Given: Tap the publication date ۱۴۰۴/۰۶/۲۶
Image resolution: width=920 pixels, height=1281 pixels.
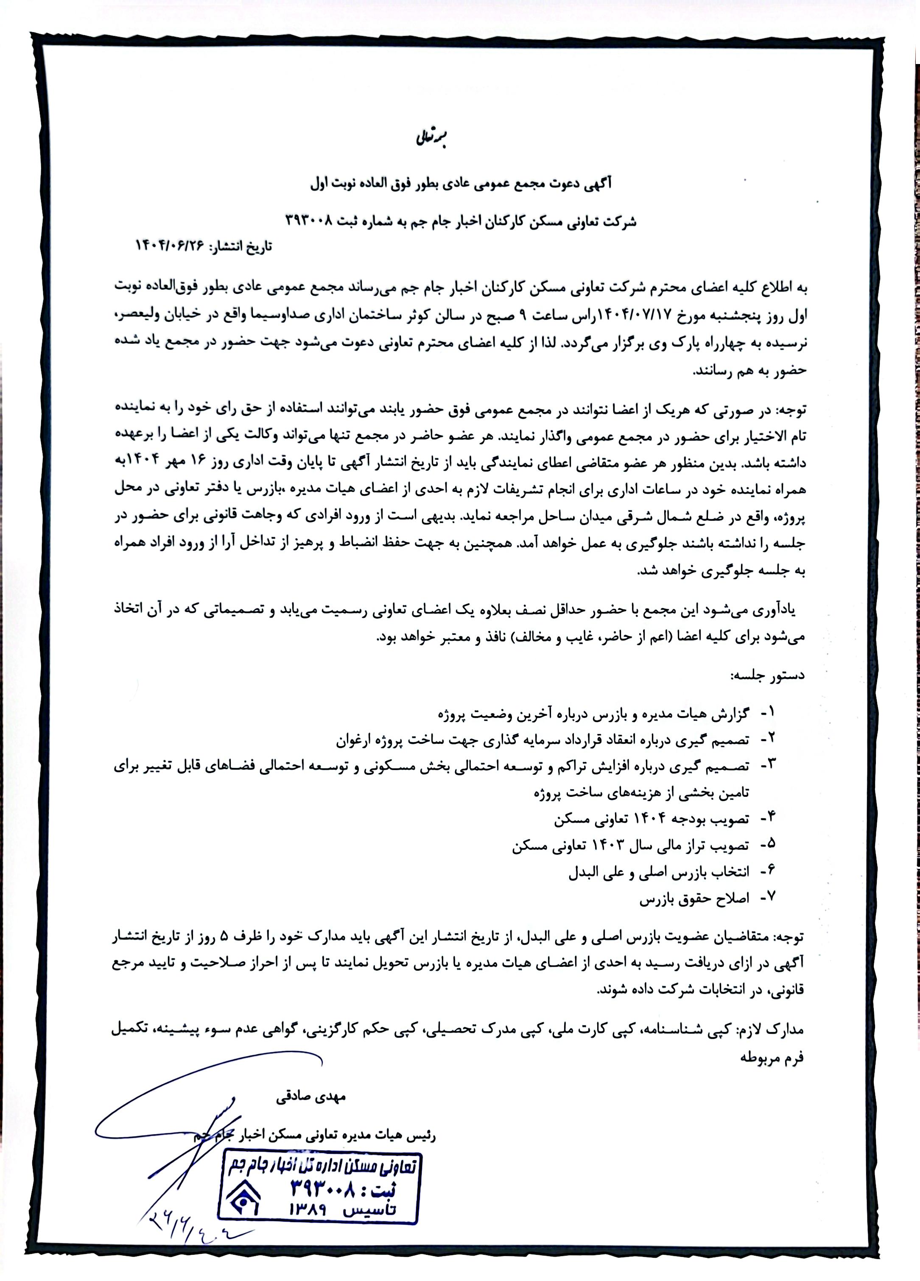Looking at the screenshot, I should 171,246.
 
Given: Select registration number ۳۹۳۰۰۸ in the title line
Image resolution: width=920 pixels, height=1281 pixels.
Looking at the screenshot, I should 315,221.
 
